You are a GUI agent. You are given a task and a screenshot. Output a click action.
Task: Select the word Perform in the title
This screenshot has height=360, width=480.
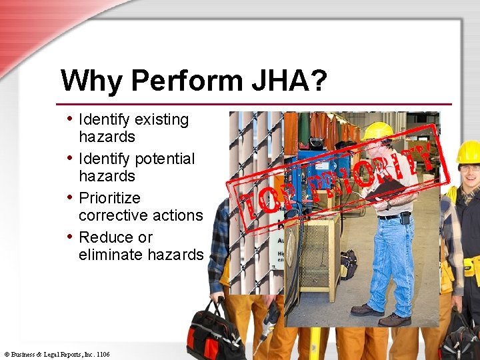coord(185,81)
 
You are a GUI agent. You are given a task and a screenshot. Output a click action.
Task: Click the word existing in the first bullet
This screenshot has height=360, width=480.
coord(162,120)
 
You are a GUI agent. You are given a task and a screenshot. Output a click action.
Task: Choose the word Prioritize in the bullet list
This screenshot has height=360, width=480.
coord(109,199)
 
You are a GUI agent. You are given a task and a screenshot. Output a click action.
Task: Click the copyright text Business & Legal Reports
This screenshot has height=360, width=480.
coord(57,355)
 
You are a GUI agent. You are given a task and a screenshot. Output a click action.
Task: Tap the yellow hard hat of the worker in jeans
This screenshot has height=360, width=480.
coord(378,131)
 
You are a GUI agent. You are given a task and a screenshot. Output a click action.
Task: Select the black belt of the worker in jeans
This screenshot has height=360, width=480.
coord(393,215)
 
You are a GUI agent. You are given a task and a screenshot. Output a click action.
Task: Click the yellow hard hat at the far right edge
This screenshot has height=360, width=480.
coord(469,152)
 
